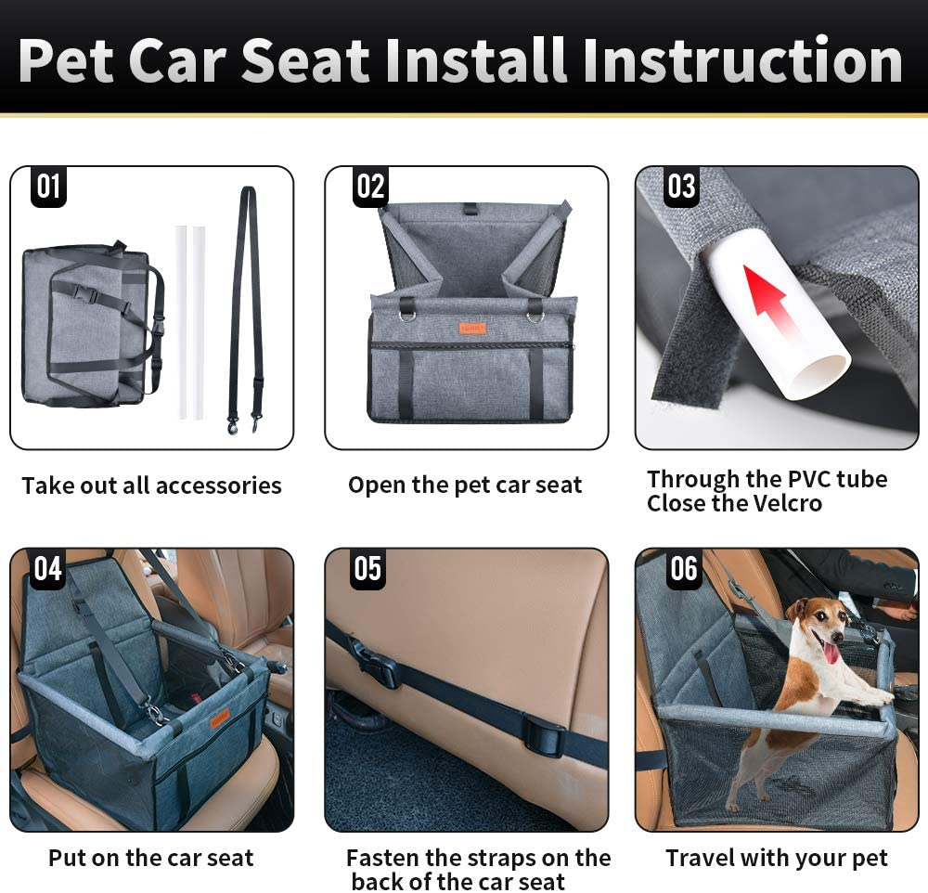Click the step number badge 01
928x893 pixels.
click(x=48, y=188)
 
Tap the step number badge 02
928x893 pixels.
click(x=370, y=188)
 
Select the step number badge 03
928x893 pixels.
click(x=681, y=188)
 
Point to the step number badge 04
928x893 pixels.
click(x=48, y=569)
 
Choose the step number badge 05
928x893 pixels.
click(x=368, y=569)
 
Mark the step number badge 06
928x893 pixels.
click(x=684, y=569)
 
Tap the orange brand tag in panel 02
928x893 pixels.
click(x=471, y=328)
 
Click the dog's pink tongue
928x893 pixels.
click(x=831, y=653)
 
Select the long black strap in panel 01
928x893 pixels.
click(x=246, y=306)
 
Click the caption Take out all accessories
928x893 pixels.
click(x=151, y=485)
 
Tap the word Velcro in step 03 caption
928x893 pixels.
click(x=777, y=504)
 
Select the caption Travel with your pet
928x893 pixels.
click(x=777, y=859)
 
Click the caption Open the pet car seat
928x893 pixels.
click(x=465, y=485)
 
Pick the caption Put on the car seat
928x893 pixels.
click(x=151, y=859)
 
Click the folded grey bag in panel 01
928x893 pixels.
click(x=88, y=325)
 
